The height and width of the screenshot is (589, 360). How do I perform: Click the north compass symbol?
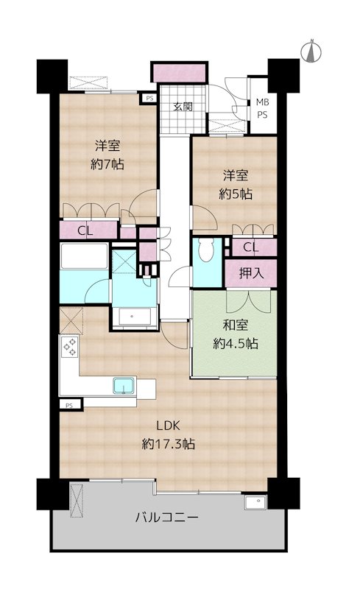click(x=311, y=51)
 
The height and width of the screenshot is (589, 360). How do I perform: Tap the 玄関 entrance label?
click(x=183, y=107)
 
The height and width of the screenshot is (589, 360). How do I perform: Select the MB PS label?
click(x=262, y=108)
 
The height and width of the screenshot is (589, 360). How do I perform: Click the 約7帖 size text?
click(x=107, y=164)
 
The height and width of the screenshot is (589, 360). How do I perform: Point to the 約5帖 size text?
click(x=236, y=194)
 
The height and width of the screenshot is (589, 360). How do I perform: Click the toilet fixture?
click(x=206, y=250)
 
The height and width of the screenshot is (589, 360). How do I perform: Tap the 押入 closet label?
click(x=251, y=273)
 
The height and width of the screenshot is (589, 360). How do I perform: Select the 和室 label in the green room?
click(x=236, y=325)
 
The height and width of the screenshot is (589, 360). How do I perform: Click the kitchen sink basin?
click(x=124, y=386)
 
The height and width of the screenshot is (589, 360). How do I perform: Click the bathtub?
click(x=84, y=256)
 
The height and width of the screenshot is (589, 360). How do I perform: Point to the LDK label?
click(x=169, y=426)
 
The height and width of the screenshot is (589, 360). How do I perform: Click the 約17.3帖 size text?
click(x=169, y=445)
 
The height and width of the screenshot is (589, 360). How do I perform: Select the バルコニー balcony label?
click(x=166, y=518)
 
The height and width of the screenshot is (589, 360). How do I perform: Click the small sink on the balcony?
click(x=255, y=502)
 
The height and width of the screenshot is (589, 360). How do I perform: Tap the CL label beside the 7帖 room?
click(x=85, y=230)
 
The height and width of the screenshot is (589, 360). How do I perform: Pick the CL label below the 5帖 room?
click(x=250, y=247)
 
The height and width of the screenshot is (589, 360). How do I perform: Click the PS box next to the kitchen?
click(x=70, y=406)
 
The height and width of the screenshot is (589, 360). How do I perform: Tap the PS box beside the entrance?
click(x=149, y=99)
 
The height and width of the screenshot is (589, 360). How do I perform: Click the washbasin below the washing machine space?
click(x=135, y=317)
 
